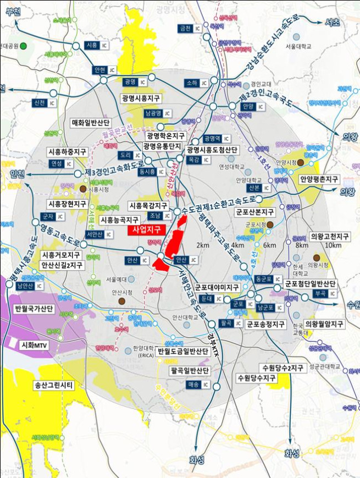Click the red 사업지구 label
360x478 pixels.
[146, 230]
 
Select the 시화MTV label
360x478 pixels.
[34, 345]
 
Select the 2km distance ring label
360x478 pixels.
[203, 245]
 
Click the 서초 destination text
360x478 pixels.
[333, 23]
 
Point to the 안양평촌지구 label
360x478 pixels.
[319, 179]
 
